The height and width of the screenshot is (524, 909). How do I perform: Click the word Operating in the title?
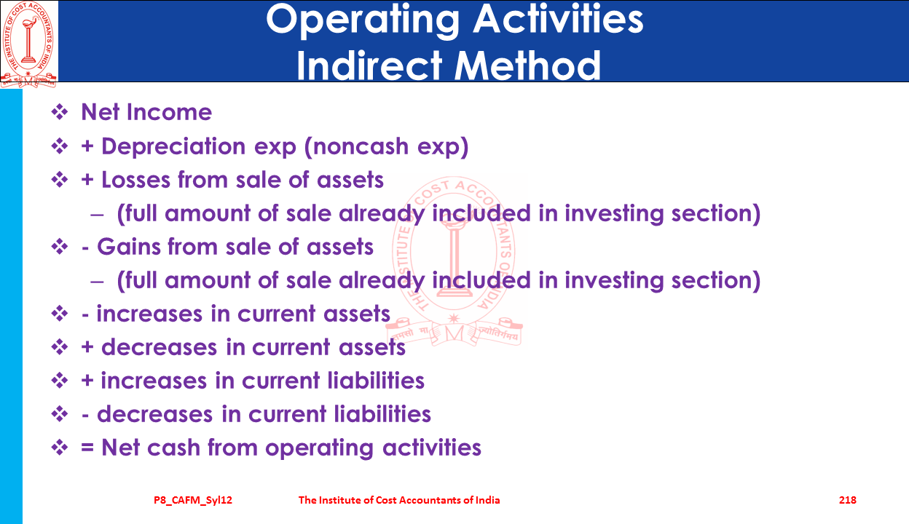(x=363, y=21)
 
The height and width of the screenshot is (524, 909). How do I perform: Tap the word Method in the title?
(x=527, y=65)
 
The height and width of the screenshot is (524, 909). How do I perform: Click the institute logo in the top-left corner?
(x=28, y=44)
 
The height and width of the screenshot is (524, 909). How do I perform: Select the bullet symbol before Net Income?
(x=60, y=112)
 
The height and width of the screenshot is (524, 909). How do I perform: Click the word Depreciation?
(x=173, y=146)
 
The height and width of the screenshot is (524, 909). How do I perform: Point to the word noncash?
(x=361, y=146)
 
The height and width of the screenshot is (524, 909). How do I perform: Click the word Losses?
(x=135, y=180)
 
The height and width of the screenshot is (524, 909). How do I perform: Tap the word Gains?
(x=128, y=247)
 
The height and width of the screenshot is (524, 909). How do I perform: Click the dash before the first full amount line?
(x=97, y=215)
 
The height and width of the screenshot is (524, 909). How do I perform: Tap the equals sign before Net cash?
(x=87, y=448)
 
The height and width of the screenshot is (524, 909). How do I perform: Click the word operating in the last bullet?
(x=319, y=448)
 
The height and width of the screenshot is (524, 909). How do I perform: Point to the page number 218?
(x=848, y=500)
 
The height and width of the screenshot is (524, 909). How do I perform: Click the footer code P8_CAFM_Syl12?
(x=193, y=501)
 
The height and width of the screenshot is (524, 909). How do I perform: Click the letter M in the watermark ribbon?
(x=454, y=334)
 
